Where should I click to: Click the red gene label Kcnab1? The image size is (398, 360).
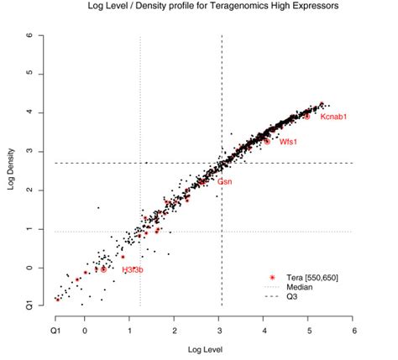[333, 117]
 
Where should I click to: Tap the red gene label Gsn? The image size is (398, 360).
[225, 181]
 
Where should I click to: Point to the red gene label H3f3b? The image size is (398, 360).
[133, 269]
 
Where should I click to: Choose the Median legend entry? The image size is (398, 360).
[301, 286]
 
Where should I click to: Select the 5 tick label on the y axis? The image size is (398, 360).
[29, 73]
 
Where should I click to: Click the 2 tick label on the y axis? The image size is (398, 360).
[29, 190]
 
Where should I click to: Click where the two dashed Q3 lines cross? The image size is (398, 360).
[221, 163]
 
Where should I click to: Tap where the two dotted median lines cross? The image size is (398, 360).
[139, 232]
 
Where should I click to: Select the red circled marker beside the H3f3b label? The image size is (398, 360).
[104, 269]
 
